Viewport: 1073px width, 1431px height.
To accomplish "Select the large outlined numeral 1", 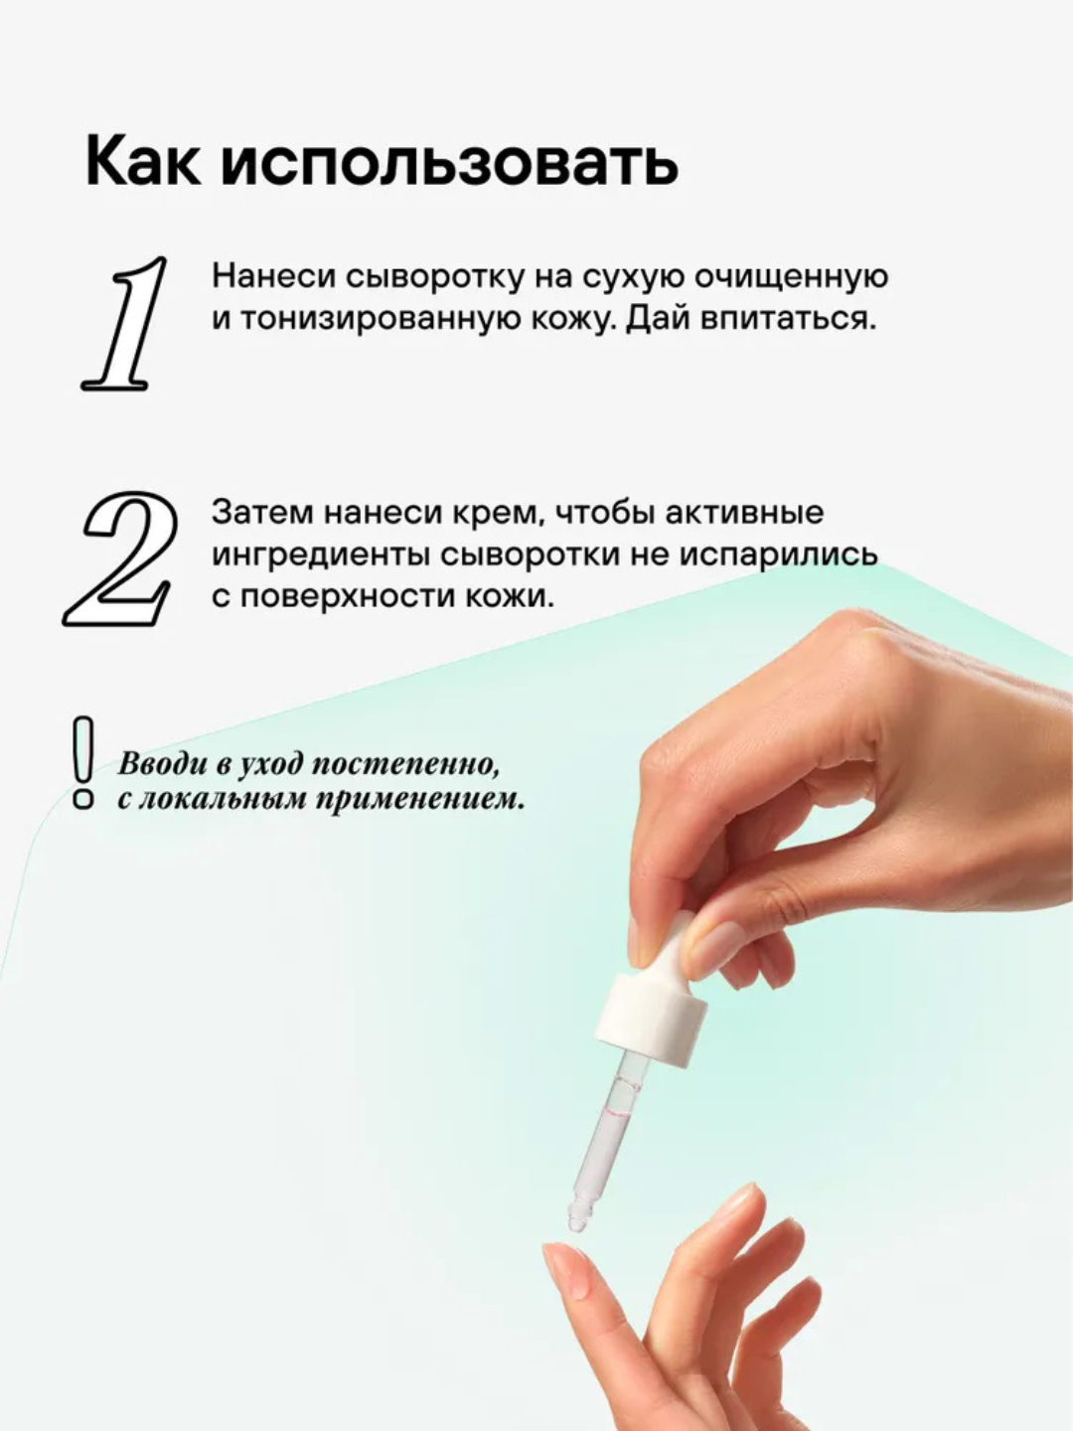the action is tap(125, 324).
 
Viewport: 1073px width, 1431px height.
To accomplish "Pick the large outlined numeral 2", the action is tap(120, 558).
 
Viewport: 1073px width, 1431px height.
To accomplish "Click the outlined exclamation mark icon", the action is tap(83, 764).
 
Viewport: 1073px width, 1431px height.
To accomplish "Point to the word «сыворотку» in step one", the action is tap(433, 277).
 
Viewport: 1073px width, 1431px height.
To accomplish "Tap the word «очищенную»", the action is tap(790, 278).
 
